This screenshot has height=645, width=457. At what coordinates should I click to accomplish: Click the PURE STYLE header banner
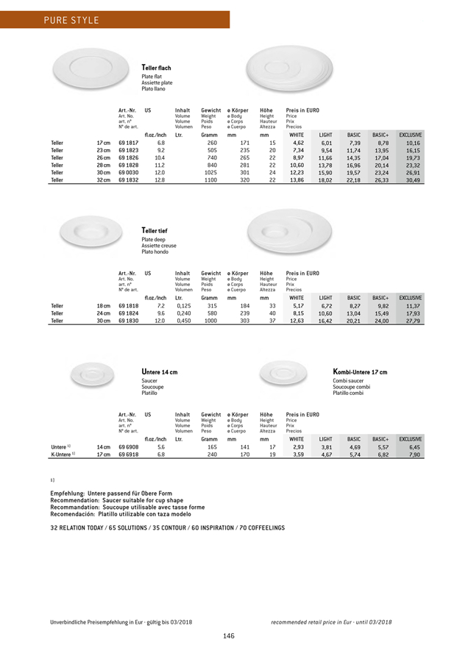114,19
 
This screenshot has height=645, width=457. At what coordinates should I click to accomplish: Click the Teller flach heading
156,68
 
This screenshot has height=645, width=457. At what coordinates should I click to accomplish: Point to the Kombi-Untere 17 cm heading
360,373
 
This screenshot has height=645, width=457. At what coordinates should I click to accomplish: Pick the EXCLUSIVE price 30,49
431,179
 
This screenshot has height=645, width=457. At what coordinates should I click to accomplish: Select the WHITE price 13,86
296,179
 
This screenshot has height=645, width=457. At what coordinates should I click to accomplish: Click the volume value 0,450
185,321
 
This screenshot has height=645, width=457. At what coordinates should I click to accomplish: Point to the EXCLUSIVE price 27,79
431,321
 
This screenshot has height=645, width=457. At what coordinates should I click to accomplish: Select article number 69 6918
129,455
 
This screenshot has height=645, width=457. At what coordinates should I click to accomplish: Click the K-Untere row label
63,455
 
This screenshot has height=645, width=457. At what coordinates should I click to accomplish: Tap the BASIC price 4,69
354,446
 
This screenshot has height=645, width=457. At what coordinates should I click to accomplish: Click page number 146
228,635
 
